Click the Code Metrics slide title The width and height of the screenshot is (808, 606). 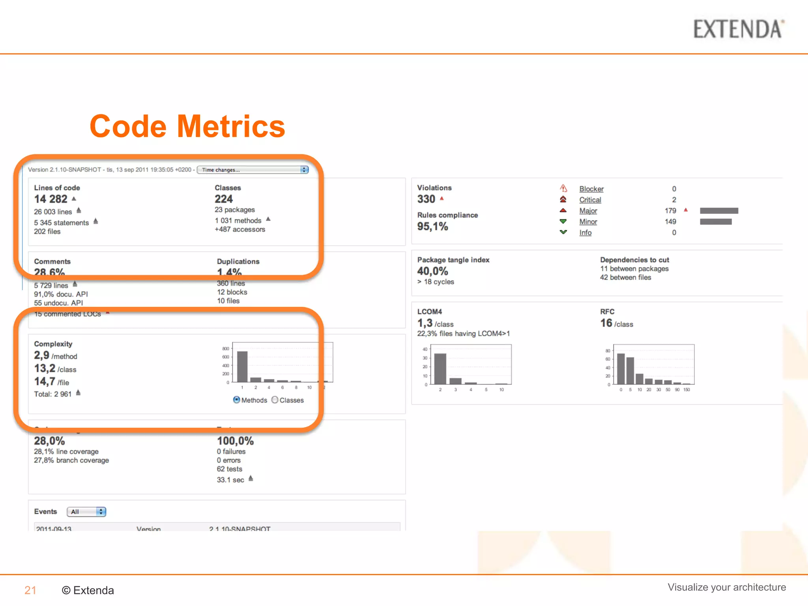tap(187, 126)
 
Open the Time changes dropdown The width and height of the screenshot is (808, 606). tap(253, 170)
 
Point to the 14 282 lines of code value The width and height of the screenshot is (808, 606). tap(51, 199)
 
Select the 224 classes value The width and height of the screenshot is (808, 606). tap(224, 199)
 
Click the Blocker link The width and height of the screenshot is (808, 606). tap(591, 189)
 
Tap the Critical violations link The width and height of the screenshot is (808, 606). tap(590, 200)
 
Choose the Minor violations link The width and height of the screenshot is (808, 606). tap(588, 222)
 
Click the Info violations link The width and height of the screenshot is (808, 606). tap(585, 233)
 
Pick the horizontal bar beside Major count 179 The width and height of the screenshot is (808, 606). tap(719, 211)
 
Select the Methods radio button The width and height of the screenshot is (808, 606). tap(237, 400)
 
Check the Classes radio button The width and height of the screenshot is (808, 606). tap(275, 400)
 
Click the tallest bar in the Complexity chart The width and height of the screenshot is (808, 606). tap(242, 367)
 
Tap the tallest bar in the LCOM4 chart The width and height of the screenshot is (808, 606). tap(440, 368)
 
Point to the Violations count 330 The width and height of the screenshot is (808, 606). tap(426, 199)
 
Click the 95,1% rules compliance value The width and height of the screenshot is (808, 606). tap(432, 226)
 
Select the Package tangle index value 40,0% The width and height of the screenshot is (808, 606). tap(432, 271)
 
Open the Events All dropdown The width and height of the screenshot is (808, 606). tap(86, 512)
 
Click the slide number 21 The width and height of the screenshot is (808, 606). tap(30, 590)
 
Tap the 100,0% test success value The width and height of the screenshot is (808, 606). tap(235, 441)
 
